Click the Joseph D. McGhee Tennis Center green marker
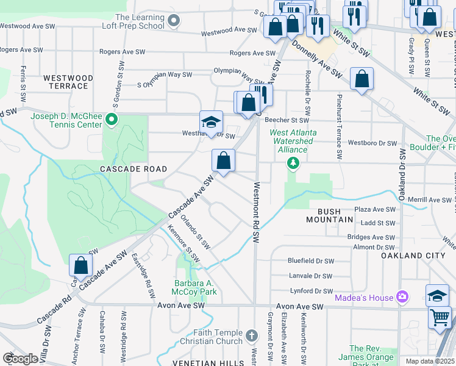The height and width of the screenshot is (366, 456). click(111, 120)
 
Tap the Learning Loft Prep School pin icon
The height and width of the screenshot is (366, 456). click(174, 21)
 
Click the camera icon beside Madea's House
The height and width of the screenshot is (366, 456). click(402, 297)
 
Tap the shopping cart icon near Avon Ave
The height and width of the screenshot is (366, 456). click(440, 317)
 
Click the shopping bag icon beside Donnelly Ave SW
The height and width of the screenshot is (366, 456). click(362, 79)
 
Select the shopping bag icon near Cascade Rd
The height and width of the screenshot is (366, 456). click(80, 265)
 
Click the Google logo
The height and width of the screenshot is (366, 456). click(20, 359)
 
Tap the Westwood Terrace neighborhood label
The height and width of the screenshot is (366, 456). click(68, 82)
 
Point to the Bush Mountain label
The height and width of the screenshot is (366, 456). click(327, 215)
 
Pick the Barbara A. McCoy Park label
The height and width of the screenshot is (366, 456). click(195, 287)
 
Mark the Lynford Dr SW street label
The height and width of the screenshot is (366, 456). click(311, 291)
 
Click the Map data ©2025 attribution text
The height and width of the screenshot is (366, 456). click(430, 361)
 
